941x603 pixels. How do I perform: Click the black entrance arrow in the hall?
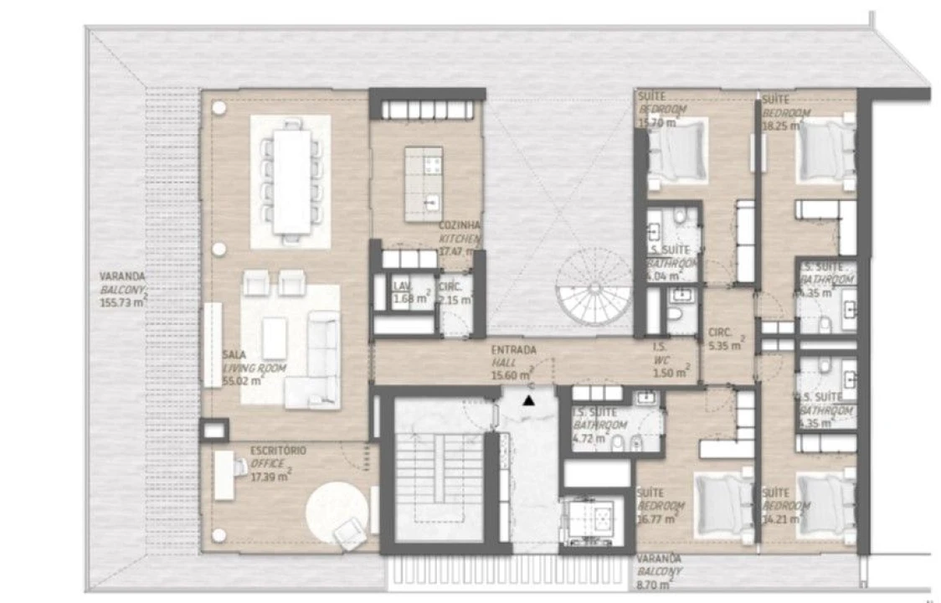[x=528, y=399]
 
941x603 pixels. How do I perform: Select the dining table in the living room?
[x=291, y=181]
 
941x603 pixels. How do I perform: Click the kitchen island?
[x=424, y=183]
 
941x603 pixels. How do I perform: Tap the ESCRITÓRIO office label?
[x=278, y=451]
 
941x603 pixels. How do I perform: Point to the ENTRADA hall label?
[x=513, y=349]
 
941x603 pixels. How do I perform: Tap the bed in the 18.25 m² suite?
[x=824, y=152]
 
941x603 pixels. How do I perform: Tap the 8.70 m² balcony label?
[x=658, y=569]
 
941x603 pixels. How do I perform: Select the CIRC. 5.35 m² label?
[x=724, y=338]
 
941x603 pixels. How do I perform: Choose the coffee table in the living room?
[x=275, y=338]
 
